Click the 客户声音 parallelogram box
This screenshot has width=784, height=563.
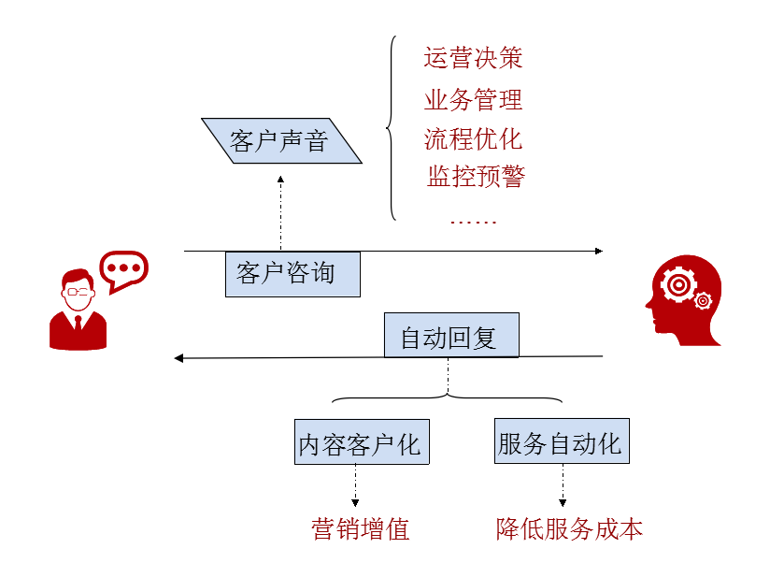point(279,142)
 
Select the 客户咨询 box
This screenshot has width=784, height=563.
point(292,273)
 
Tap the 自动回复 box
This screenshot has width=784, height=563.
point(450,337)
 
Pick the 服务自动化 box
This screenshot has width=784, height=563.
point(561,441)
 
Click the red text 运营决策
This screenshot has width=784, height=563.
point(473,58)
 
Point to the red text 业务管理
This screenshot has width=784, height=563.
point(473,99)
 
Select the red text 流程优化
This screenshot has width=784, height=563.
point(473,138)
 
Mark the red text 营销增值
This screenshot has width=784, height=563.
point(361,529)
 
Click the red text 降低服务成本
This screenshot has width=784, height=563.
point(569,529)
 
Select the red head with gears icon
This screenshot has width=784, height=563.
point(684,299)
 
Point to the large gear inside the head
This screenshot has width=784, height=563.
point(677,282)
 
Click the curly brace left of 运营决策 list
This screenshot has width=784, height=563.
point(392,129)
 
